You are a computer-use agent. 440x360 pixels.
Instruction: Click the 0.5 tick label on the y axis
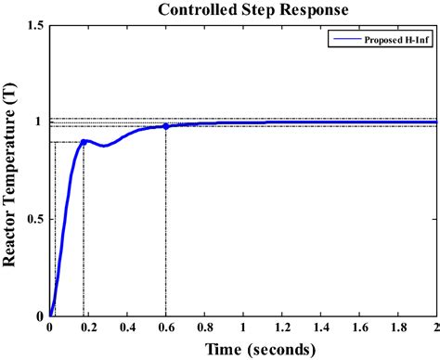(x=36, y=219)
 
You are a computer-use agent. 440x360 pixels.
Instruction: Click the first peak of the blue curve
(x=84, y=141)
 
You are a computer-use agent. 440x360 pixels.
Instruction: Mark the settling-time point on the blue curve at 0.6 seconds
(x=166, y=126)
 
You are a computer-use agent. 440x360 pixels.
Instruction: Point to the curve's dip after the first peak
(x=104, y=146)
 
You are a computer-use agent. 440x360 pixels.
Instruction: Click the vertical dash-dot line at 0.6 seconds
(x=166, y=232)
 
